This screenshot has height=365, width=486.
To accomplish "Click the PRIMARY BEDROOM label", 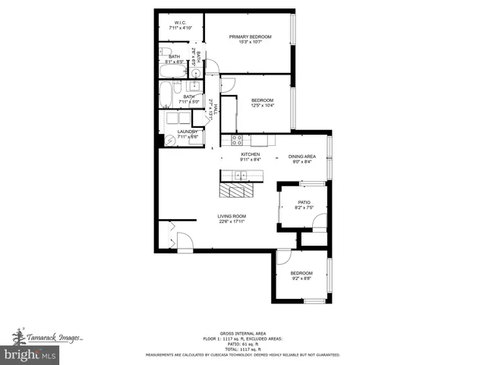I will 250,36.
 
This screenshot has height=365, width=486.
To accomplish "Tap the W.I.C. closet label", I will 180,23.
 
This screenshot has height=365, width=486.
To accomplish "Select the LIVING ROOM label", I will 232,216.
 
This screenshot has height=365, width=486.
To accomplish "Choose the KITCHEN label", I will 250,154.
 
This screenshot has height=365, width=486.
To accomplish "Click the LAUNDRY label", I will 187,132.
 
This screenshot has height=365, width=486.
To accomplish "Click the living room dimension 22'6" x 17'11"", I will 232,222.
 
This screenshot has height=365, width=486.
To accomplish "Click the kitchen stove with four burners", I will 237,140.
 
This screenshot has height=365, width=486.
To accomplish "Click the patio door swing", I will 320,222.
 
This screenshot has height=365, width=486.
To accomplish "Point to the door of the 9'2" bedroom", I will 283,257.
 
